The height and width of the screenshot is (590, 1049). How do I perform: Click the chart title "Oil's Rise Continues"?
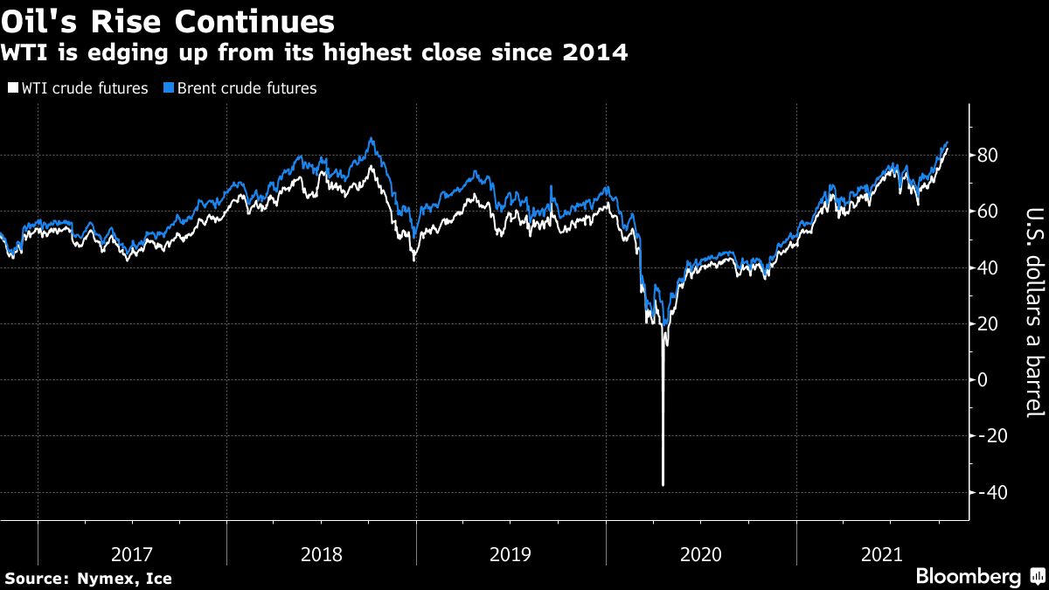168,22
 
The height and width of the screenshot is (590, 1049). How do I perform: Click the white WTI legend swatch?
12,88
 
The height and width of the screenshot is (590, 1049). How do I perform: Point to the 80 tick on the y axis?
989,156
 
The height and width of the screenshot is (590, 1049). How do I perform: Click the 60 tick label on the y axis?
989,212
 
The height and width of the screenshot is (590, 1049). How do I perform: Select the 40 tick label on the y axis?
989,267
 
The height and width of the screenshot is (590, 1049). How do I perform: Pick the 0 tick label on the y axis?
983,380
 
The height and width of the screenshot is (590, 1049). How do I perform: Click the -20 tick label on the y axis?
992,436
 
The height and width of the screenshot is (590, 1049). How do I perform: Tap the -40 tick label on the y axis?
992,492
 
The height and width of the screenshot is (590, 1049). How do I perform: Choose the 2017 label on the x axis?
132,553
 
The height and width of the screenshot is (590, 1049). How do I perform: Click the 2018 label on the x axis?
321,553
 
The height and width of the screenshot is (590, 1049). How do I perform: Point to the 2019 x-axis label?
511,553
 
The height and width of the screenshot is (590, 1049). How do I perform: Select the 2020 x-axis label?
700,553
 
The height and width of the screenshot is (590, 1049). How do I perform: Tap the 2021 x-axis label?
889,553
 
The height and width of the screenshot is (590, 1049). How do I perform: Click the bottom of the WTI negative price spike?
663,484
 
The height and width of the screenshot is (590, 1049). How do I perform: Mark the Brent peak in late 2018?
372,139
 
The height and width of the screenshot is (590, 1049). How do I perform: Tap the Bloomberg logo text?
968,577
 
